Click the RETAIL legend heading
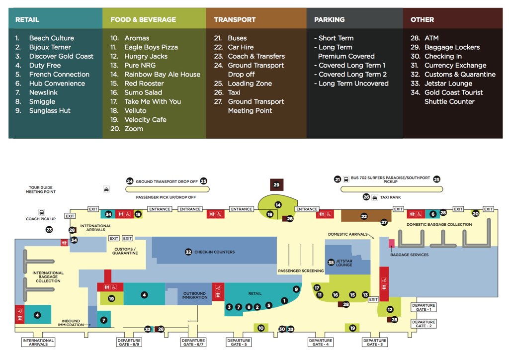click(x=27, y=20)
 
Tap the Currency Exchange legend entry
click(x=455, y=65)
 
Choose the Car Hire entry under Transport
click(x=240, y=47)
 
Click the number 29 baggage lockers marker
click(x=277, y=185)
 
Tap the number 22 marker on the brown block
click(x=363, y=216)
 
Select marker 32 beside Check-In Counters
click(x=188, y=252)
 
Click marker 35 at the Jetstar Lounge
click(x=331, y=262)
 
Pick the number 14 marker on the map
click(x=278, y=205)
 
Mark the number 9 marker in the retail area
click(x=296, y=289)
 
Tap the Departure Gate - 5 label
click(x=239, y=343)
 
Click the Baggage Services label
click(x=409, y=255)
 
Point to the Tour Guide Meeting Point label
click(x=41, y=190)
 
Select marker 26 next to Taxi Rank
click(x=366, y=197)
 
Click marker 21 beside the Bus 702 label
click(x=338, y=180)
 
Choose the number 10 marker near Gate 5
click(x=260, y=328)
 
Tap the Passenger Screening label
click(x=301, y=271)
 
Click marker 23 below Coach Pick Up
click(x=49, y=230)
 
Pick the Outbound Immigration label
click(x=194, y=295)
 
